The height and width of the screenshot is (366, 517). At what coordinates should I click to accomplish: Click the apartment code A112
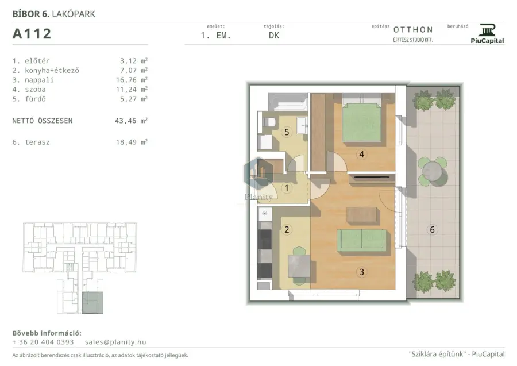32,34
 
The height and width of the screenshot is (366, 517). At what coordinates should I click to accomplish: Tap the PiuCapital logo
487,34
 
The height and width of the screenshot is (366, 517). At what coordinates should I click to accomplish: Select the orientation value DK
274,36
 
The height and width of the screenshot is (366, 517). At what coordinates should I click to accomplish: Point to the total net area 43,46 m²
131,121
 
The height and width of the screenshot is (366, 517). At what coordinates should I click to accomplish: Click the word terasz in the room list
37,142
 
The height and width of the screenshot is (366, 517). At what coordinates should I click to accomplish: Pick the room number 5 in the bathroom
287,132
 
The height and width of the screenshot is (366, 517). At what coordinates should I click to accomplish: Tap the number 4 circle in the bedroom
362,155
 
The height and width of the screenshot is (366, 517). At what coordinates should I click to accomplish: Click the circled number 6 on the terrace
432,229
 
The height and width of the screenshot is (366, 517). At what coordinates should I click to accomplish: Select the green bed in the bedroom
362,122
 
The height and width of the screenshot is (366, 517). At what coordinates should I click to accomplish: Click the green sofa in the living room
362,240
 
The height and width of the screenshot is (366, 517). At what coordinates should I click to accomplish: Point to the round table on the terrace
432,171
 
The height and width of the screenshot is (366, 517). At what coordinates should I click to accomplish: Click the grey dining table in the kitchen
299,266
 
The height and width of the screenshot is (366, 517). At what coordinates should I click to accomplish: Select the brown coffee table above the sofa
361,214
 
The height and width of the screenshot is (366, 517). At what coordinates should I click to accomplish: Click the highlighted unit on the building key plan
92,302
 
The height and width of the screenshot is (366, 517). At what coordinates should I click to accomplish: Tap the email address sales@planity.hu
115,342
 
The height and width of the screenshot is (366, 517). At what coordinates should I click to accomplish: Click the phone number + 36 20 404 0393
43,342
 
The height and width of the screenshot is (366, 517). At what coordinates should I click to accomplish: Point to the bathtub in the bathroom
288,102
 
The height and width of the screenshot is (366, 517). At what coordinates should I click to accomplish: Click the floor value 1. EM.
216,36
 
